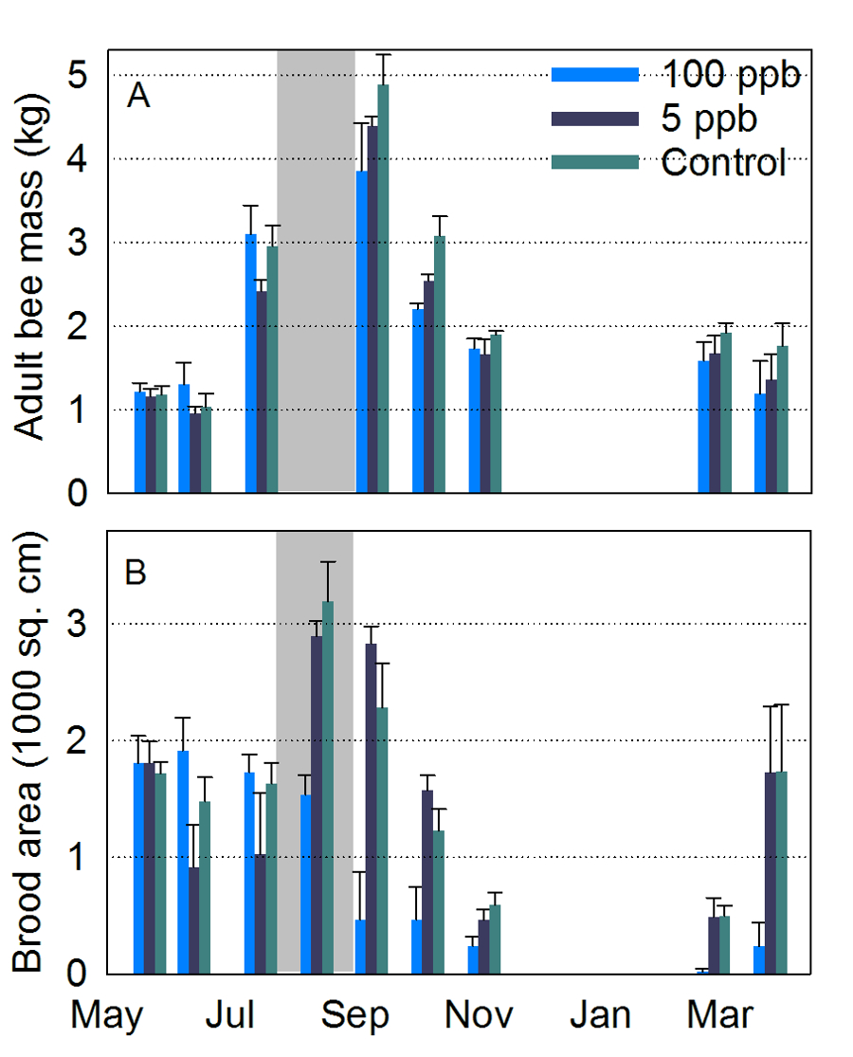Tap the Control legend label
click(723, 162)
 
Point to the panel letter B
click(136, 574)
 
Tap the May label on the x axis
click(107, 1015)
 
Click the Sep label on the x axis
click(354, 1015)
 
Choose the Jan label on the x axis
click(600, 1015)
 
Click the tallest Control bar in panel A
click(383, 289)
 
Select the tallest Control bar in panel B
click(328, 787)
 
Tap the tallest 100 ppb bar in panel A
click(361, 332)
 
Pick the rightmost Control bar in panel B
click(782, 872)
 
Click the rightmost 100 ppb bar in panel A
click(760, 443)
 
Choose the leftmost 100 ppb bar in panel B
click(139, 867)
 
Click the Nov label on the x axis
click(480, 1015)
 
